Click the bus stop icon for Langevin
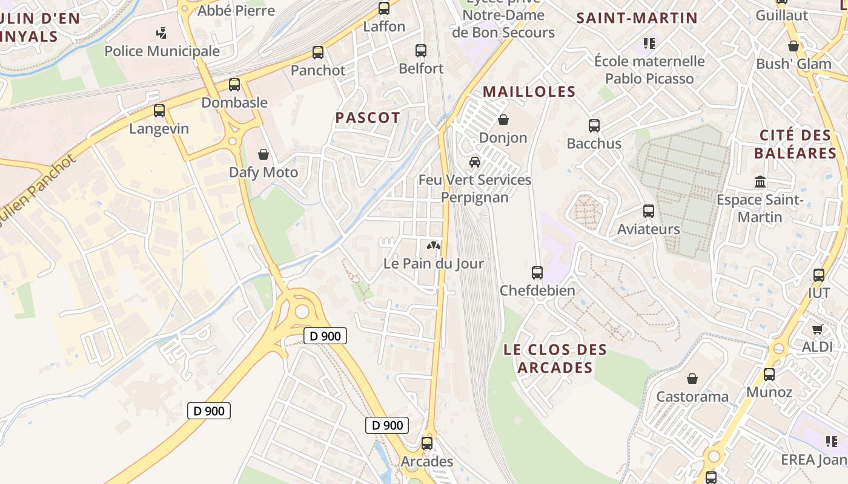click(x=159, y=111)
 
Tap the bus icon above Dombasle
click(x=234, y=85)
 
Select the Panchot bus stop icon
click(x=318, y=53)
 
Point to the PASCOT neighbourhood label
click(x=368, y=118)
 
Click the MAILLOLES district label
click(x=529, y=92)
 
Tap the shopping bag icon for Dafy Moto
click(x=263, y=155)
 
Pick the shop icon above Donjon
click(x=503, y=120)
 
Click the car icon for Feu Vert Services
click(x=475, y=162)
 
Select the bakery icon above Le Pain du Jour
click(x=434, y=246)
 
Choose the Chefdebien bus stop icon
click(x=537, y=273)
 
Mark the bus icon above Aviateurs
click(x=649, y=211)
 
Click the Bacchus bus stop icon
click(x=594, y=126)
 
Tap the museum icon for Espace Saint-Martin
click(x=760, y=181)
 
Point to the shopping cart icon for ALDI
click(x=818, y=330)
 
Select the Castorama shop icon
click(x=692, y=379)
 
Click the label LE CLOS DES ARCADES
click(x=555, y=359)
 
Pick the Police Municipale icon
click(x=162, y=33)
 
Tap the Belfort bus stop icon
click(x=421, y=51)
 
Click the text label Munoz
click(x=769, y=392)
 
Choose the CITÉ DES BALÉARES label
click(x=795, y=144)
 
